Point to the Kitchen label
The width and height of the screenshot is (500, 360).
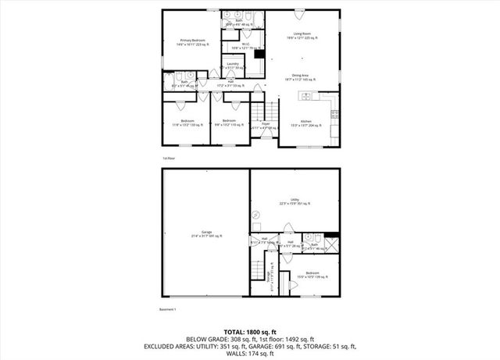pyautogui.click(x=306, y=122)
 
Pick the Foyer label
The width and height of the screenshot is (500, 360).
pyautogui.click(x=265, y=123)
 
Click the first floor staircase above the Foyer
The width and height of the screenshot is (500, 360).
pyautogui.click(x=265, y=109)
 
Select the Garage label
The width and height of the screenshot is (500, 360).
pyautogui.click(x=206, y=233)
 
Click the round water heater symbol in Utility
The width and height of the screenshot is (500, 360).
pyautogui.click(x=255, y=213)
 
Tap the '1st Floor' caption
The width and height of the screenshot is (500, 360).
pyautogui.click(x=168, y=158)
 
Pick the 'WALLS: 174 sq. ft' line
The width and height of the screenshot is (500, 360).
pyautogui.click(x=249, y=353)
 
